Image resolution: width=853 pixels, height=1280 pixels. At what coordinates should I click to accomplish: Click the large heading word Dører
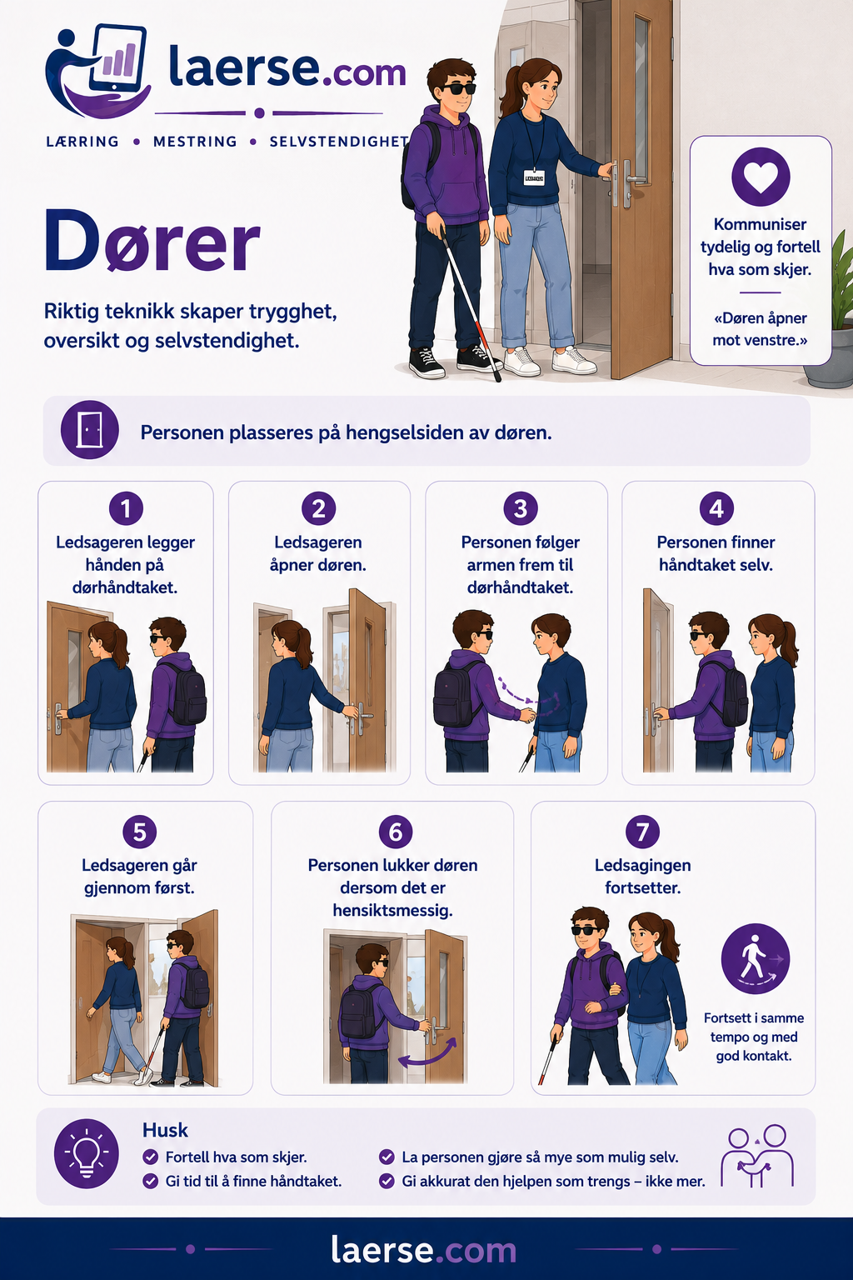point(152,241)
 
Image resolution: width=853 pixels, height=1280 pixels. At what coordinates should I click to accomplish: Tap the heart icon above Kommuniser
point(761,177)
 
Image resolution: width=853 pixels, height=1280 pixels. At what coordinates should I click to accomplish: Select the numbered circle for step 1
point(126,508)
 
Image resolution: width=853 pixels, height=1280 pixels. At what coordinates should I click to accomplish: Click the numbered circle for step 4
point(716,508)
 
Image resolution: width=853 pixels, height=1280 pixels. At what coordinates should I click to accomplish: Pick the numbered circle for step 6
point(396,832)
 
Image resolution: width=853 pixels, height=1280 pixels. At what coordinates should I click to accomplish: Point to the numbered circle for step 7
point(642,832)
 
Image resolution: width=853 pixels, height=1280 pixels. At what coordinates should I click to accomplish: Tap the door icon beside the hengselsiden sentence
point(90,430)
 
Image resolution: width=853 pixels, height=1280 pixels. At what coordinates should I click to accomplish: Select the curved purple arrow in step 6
point(427,1053)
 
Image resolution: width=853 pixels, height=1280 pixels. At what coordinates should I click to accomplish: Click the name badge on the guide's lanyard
point(534,177)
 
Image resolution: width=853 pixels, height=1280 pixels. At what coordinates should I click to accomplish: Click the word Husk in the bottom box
point(165,1130)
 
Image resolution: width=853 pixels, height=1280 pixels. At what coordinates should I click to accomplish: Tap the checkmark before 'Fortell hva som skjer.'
point(150,1157)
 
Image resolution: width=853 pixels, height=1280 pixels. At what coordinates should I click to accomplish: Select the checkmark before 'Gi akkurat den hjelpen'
point(387,1181)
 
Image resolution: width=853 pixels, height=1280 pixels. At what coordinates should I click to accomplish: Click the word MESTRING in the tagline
point(195,142)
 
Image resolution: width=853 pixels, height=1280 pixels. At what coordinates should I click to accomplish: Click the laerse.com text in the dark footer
point(423,1249)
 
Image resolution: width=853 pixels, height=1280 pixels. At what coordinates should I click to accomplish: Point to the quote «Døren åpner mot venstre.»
point(760,329)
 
